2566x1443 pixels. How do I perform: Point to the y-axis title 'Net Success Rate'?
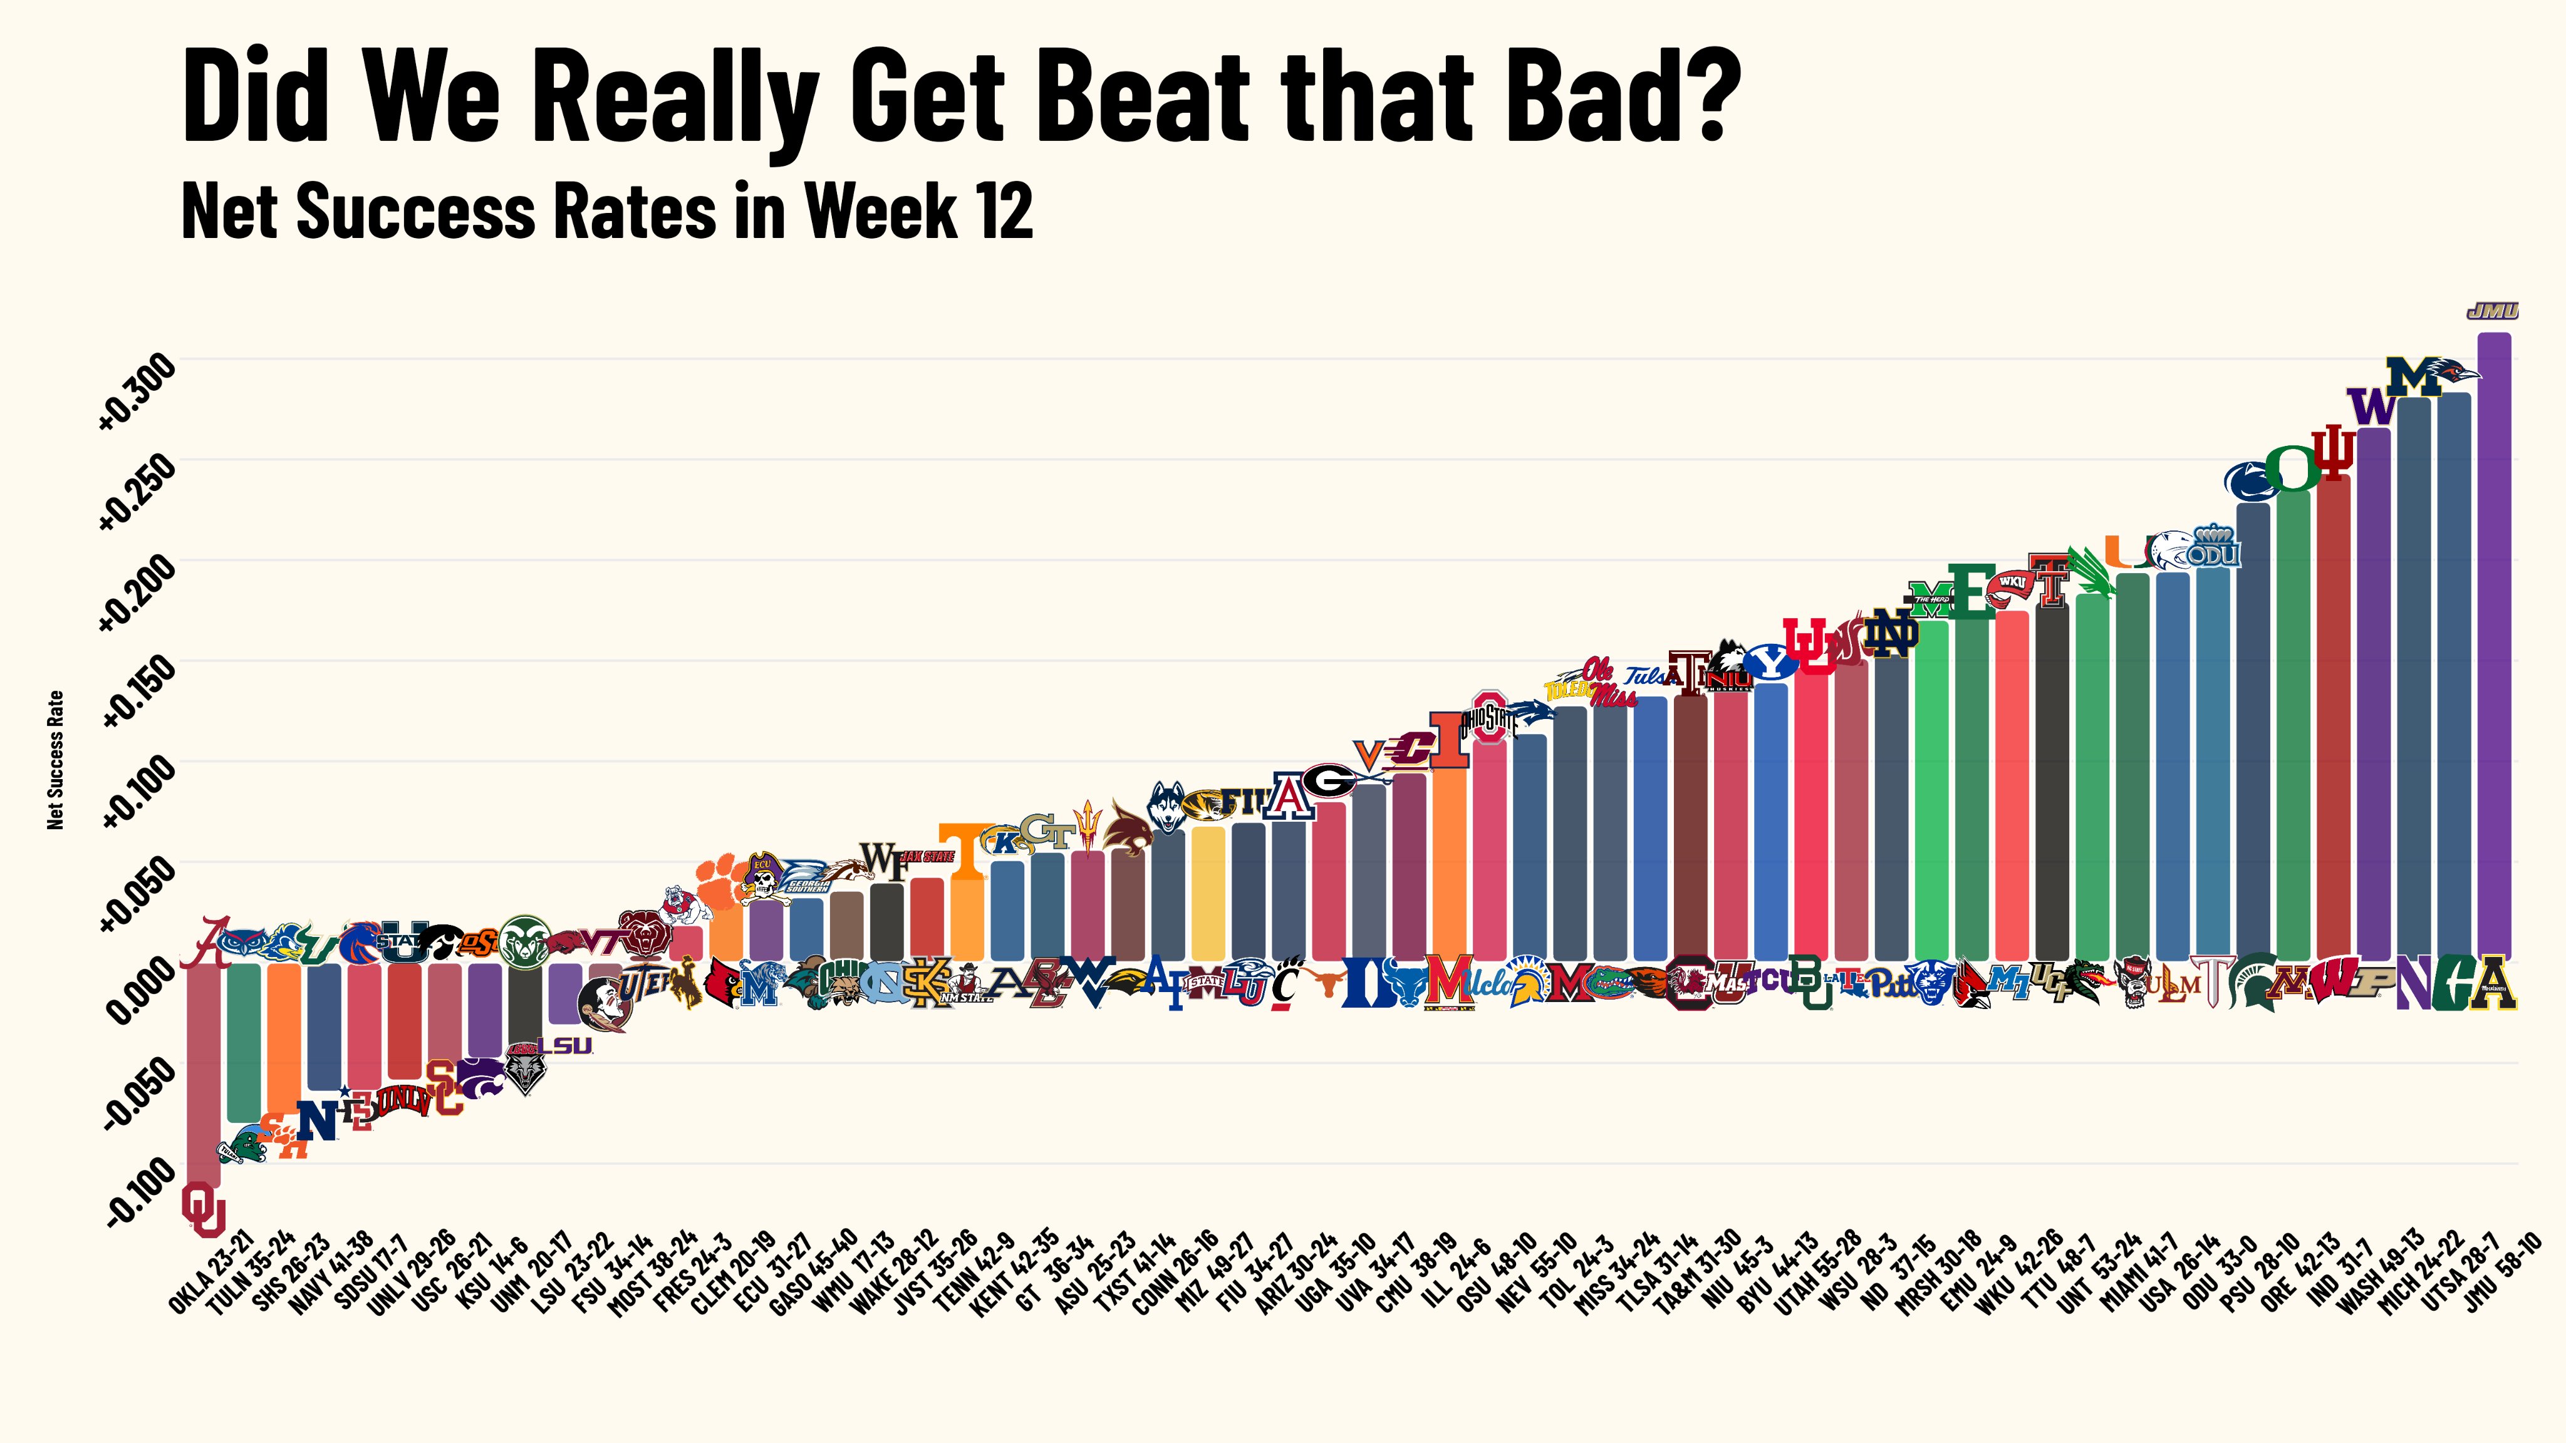pyautogui.click(x=56, y=760)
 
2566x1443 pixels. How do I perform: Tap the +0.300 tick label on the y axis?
pyautogui.click(x=137, y=390)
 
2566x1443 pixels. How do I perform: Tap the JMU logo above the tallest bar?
pyautogui.click(x=2492, y=312)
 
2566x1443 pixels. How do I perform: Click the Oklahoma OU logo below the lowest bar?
pyautogui.click(x=203, y=1208)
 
